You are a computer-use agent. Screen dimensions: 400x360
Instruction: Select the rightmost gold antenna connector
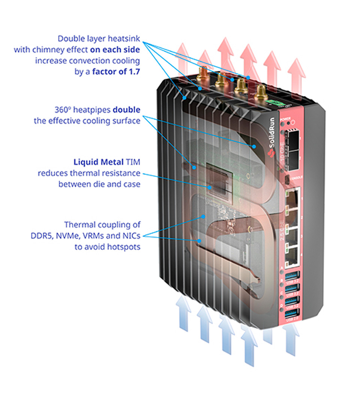pos(260,92)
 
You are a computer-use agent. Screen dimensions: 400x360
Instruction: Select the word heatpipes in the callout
pos(92,110)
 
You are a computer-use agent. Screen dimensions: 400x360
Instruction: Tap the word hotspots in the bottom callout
pos(124,247)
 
